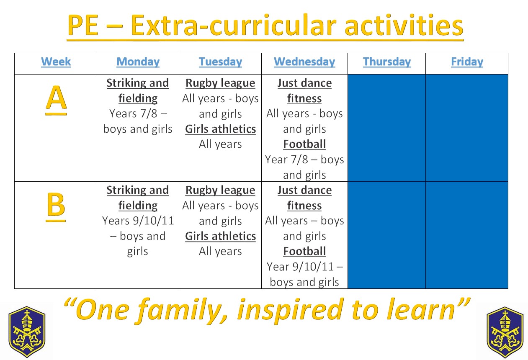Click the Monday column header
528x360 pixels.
138,62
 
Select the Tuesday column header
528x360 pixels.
220,62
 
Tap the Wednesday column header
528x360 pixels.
304,62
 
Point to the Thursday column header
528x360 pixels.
387,62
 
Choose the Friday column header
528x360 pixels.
467,62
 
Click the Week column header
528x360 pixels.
56,62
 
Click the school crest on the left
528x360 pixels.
27,332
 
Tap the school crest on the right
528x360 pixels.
505,332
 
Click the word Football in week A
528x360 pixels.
304,144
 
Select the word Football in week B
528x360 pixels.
304,251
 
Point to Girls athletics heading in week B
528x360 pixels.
220,236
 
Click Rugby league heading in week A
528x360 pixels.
220,83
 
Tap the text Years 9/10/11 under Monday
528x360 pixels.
138,221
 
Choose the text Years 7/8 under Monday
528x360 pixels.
133,113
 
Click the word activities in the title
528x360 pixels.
404,26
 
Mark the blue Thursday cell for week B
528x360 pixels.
386,235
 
